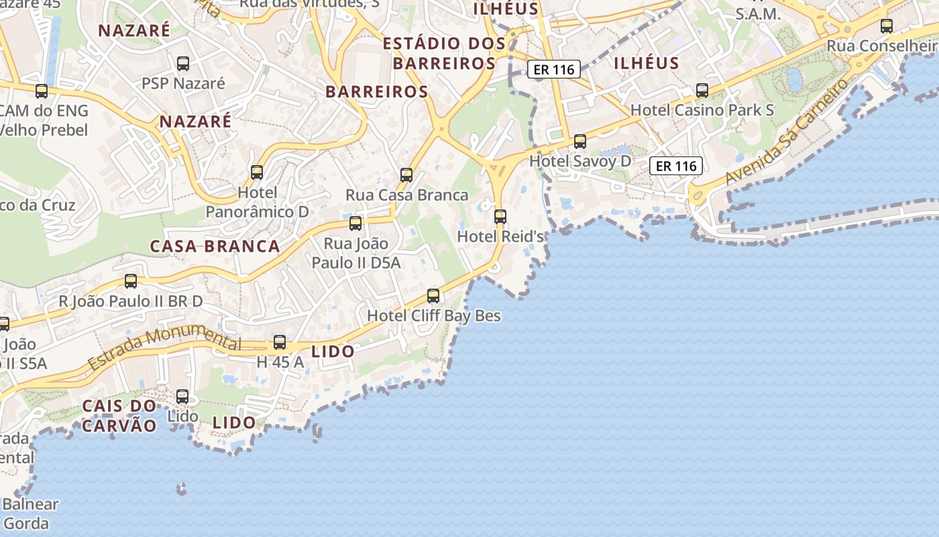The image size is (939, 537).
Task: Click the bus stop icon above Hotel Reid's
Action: click(500, 216)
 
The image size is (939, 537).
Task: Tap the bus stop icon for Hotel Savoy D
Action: click(580, 142)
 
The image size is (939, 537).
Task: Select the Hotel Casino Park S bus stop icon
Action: click(702, 90)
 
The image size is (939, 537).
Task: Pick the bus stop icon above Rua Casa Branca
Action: click(406, 175)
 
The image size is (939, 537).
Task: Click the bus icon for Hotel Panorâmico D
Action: click(257, 173)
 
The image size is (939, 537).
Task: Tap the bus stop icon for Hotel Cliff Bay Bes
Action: click(433, 295)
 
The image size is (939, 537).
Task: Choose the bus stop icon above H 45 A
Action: click(280, 342)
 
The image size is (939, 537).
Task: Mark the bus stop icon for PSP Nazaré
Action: click(183, 64)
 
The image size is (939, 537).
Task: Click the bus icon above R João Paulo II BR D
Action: click(131, 281)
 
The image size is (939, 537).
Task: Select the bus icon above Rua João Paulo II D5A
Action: click(355, 223)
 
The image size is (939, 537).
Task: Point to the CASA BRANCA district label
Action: click(215, 246)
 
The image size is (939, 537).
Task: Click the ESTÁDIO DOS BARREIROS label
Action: click(444, 54)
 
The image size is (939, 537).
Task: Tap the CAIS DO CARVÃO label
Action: click(119, 416)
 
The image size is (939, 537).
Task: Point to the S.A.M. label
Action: click(758, 13)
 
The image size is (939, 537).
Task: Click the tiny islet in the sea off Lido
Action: click(181, 489)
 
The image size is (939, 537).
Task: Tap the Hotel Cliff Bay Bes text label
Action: click(434, 315)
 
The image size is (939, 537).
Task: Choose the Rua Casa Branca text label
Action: click(406, 195)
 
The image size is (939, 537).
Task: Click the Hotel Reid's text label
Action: click(500, 236)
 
